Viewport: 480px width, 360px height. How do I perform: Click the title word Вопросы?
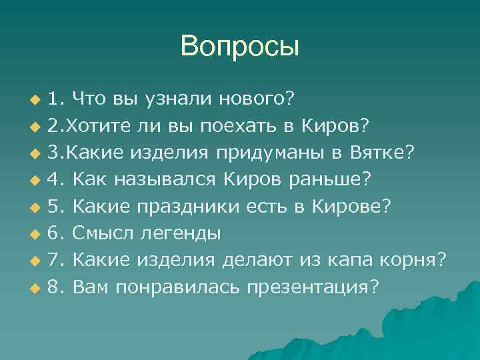(x=240, y=47)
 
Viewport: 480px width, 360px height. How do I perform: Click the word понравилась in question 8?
(x=178, y=287)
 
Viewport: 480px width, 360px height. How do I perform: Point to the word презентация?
(x=313, y=287)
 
